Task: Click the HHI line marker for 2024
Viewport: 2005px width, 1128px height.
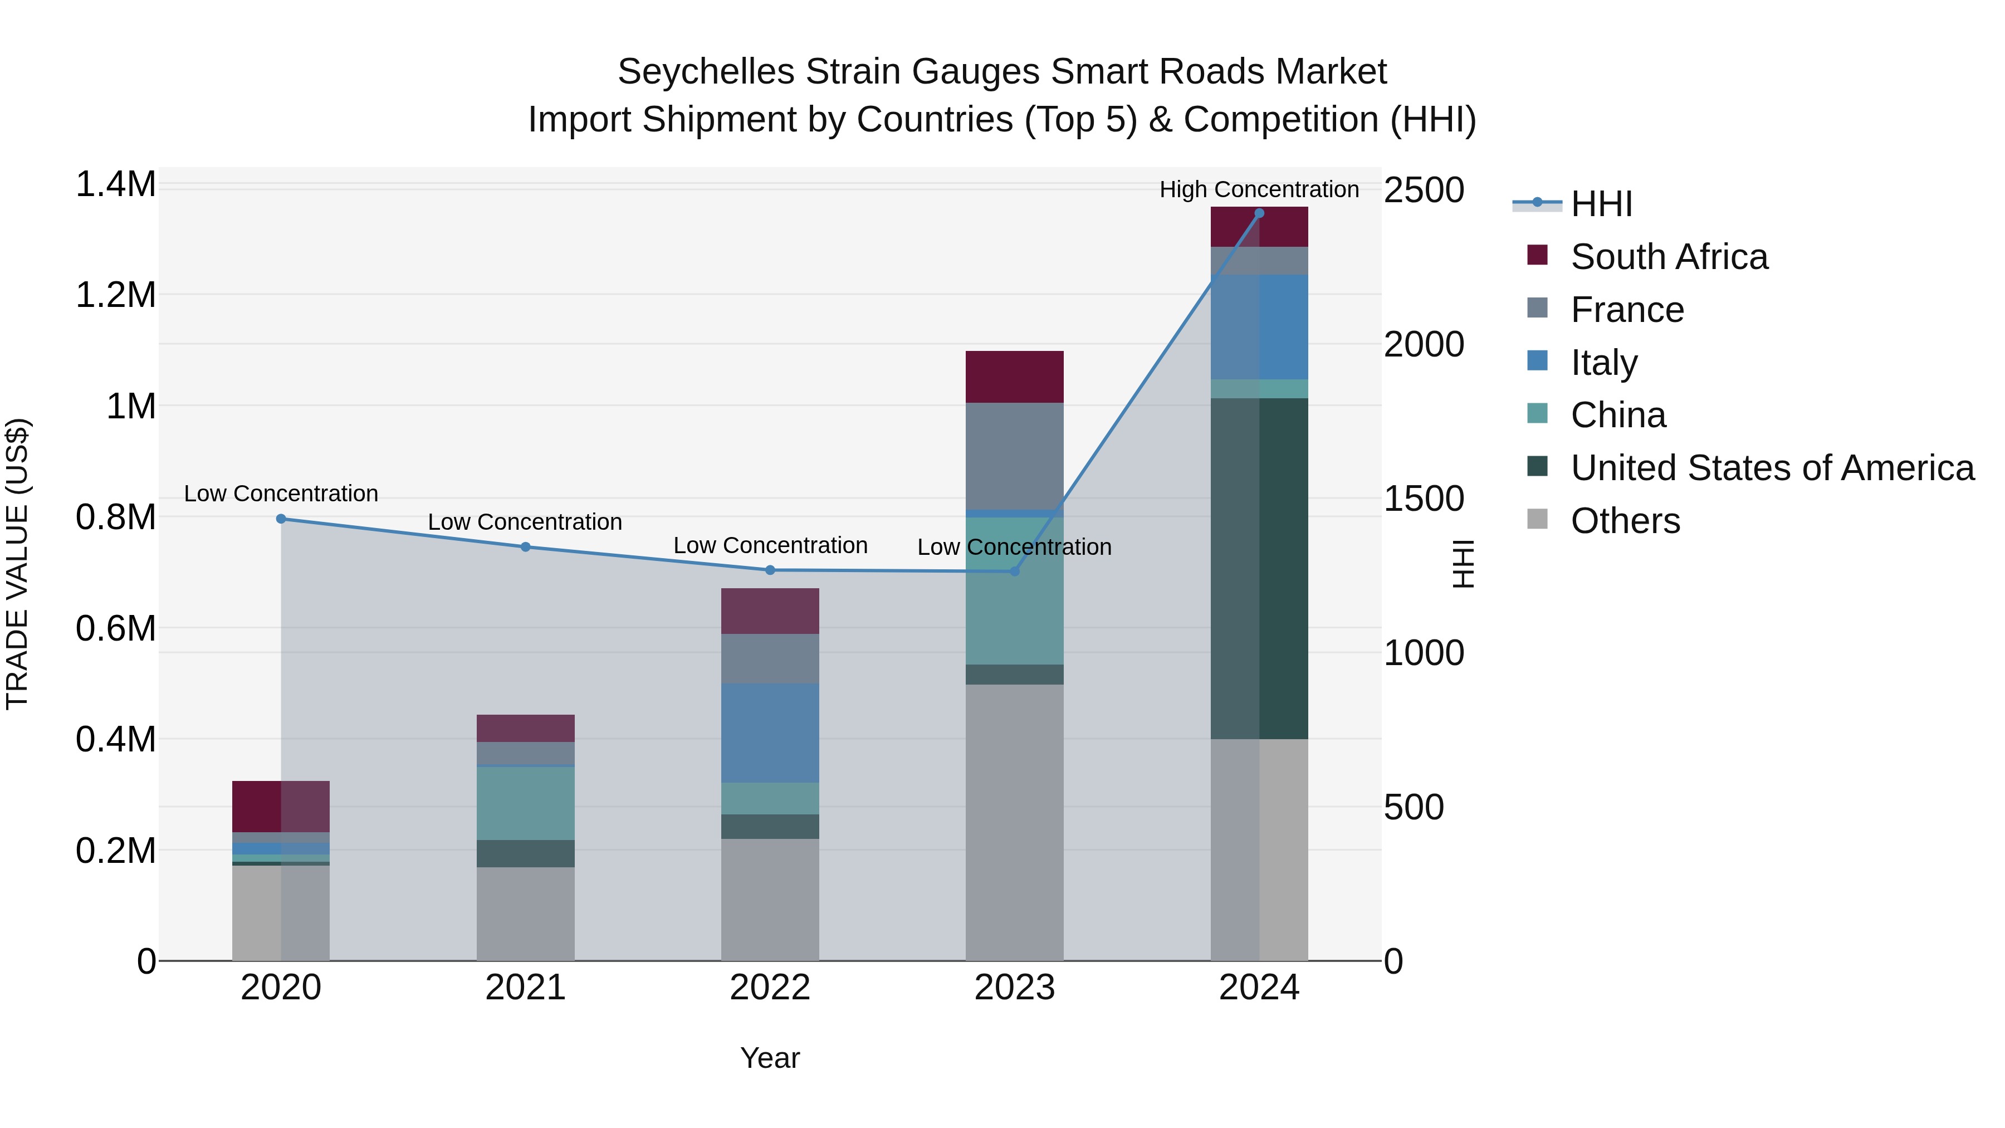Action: [1259, 213]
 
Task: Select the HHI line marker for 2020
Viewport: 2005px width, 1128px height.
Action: [281, 519]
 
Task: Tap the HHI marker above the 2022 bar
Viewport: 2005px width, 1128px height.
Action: [770, 570]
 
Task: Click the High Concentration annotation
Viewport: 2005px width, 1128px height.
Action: [1259, 189]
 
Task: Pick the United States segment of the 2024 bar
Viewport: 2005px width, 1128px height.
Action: [1259, 568]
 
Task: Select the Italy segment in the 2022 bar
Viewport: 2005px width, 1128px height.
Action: [770, 733]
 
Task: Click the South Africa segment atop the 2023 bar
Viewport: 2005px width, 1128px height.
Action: [1014, 377]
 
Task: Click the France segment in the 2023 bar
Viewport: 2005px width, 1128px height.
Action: [1014, 456]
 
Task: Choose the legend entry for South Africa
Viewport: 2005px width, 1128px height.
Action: [1668, 257]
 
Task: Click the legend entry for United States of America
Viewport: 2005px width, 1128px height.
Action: [1772, 468]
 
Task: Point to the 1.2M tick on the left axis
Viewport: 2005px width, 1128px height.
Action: [115, 295]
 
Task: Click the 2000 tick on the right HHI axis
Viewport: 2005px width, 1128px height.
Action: [1423, 344]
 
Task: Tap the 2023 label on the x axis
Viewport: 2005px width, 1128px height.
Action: [1014, 988]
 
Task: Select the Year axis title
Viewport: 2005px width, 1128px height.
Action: [770, 1058]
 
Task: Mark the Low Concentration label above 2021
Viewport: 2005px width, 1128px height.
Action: [525, 521]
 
